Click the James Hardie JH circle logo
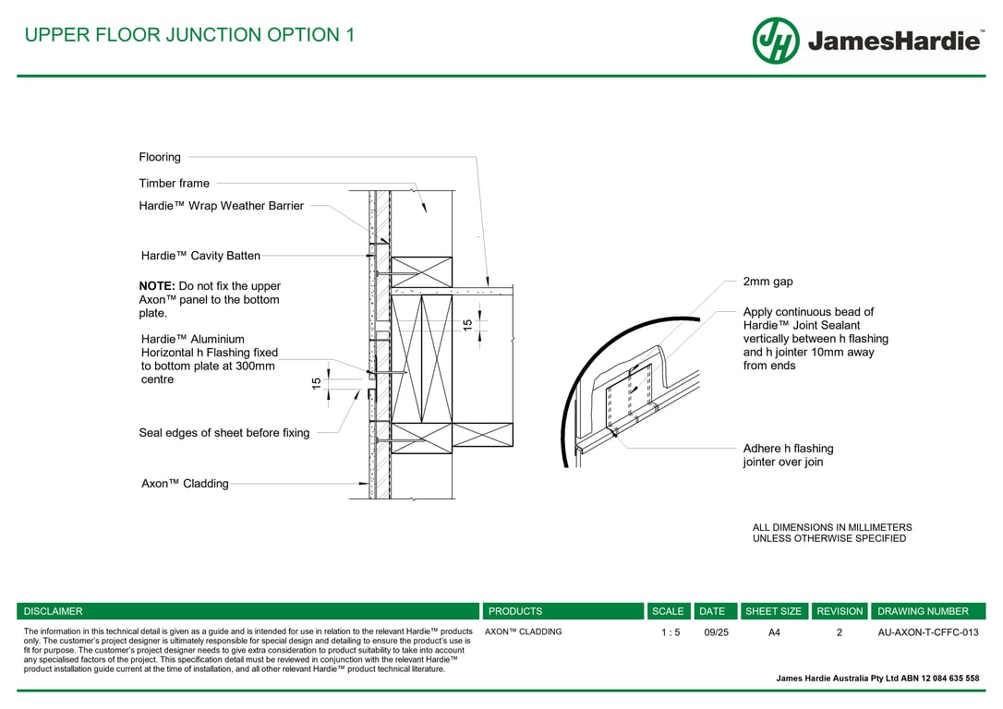(776, 41)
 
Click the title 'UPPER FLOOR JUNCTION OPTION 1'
(189, 35)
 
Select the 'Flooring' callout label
(160, 157)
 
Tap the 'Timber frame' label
(175, 183)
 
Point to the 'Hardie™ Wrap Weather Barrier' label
(221, 206)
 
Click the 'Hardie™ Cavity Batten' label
(200, 256)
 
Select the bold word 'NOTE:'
(157, 286)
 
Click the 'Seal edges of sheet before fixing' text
(224, 432)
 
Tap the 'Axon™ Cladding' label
(185, 483)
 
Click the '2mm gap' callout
(767, 282)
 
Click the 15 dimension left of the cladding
(317, 382)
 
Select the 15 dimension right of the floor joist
(468, 325)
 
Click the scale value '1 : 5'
(671, 632)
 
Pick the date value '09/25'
(716, 632)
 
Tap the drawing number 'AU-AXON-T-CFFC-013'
(927, 632)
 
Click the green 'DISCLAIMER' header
(53, 611)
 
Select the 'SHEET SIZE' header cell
(773, 611)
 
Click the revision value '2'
(840, 632)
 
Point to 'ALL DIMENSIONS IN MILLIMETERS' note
(831, 528)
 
